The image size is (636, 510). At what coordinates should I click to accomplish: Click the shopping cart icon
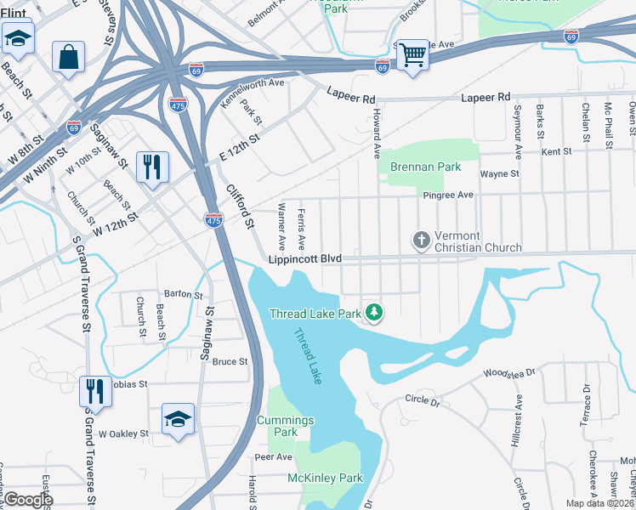coord(412,56)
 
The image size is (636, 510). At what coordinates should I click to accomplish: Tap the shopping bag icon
coord(68,58)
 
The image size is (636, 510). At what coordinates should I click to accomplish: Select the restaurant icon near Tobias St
coord(94,392)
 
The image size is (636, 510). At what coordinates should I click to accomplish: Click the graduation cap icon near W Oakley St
coord(179,418)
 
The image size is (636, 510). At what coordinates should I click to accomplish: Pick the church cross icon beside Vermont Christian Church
coord(421,241)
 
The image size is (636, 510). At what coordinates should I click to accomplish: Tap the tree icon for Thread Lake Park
coord(373,313)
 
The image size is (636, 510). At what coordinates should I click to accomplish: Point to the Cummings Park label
coord(286,426)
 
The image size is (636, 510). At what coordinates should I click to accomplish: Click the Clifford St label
coord(239,206)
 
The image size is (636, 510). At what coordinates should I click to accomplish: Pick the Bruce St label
coord(230,361)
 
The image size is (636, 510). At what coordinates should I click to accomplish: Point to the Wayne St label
coord(499,174)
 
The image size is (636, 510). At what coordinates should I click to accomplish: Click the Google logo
coord(28,500)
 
